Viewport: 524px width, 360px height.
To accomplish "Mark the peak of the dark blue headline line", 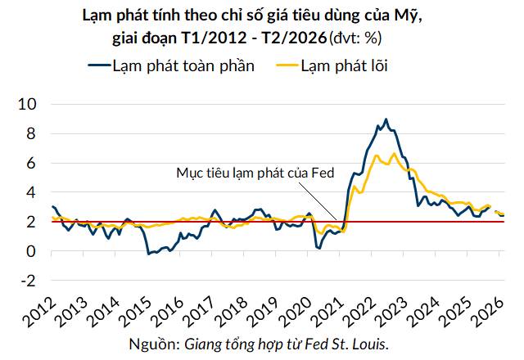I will pyautogui.click(x=386, y=119).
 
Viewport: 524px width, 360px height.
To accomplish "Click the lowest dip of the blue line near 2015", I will pyautogui.click(x=148, y=254).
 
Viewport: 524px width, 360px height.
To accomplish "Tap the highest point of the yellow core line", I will pyautogui.click(x=394, y=153).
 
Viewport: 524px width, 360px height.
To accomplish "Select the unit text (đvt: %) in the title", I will pyautogui.click(x=359, y=38).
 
